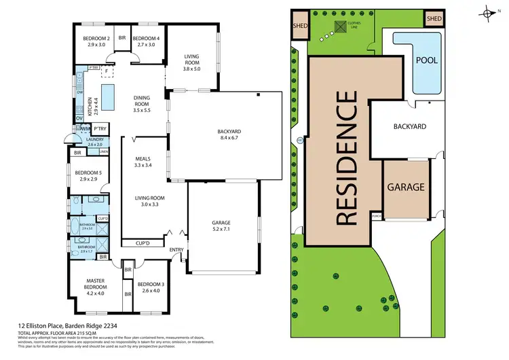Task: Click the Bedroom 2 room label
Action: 96,41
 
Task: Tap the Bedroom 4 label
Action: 146,41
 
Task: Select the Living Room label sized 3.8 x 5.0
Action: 193,62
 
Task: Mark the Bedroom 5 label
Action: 90,176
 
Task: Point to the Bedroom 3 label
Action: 148,287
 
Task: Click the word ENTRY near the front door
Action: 176,250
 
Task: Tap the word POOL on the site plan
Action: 427,60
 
